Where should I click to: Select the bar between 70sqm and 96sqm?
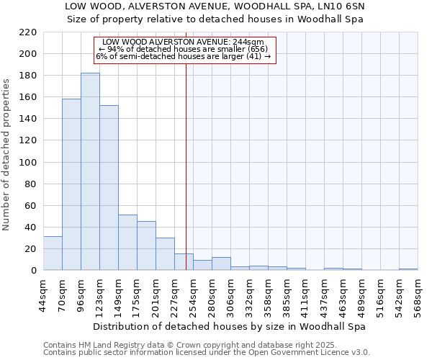pyautogui.click(x=71, y=184)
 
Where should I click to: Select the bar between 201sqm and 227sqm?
pyautogui.click(x=165, y=253)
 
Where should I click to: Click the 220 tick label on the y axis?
pyautogui.click(x=27, y=32)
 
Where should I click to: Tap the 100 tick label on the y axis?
pyautogui.click(x=27, y=163)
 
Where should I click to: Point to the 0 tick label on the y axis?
pyautogui.click(x=33, y=271)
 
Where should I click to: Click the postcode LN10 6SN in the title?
pyautogui.click(x=338, y=6)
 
